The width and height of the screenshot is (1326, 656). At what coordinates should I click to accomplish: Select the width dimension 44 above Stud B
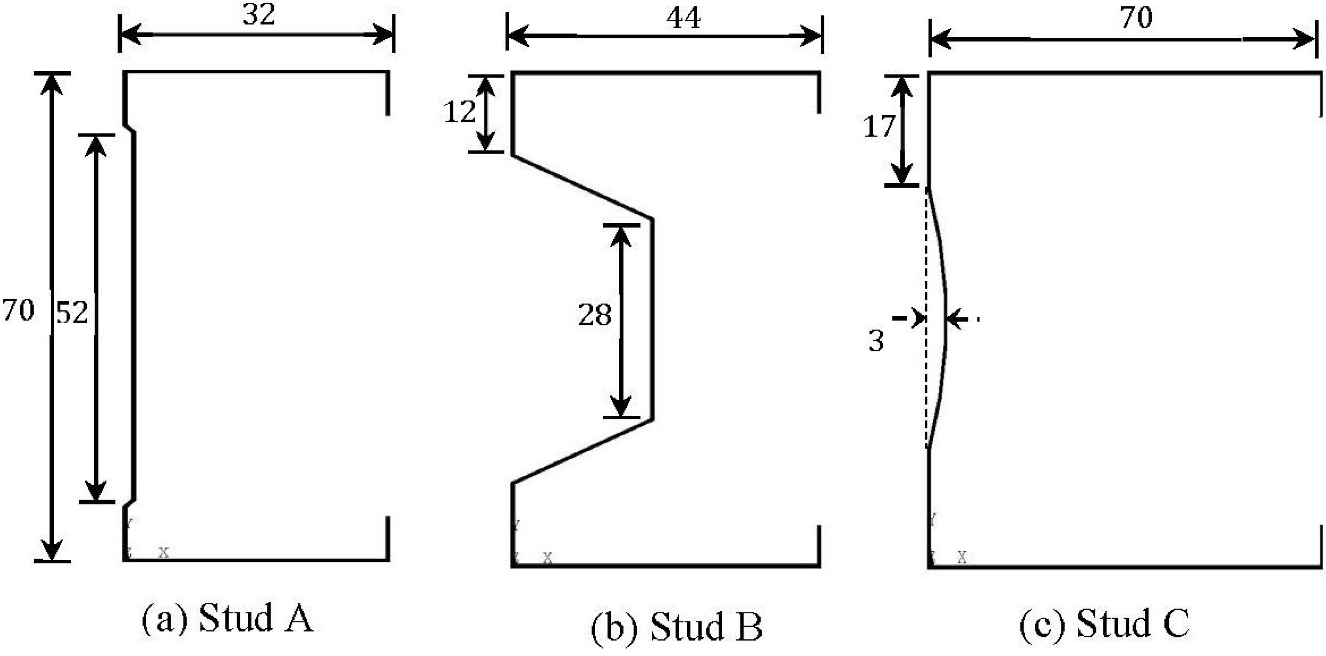click(684, 19)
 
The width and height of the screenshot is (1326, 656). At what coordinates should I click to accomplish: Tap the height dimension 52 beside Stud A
click(72, 313)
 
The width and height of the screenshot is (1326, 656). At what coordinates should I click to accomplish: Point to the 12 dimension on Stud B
click(459, 112)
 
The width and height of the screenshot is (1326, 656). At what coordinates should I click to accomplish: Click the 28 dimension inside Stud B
click(595, 315)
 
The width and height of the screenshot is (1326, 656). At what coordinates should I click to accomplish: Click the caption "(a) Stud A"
click(227, 618)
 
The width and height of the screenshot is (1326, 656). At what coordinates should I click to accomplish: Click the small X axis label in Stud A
click(164, 553)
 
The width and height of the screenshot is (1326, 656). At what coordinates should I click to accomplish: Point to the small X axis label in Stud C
click(962, 557)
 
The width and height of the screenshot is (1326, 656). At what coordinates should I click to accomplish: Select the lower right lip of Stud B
click(818, 546)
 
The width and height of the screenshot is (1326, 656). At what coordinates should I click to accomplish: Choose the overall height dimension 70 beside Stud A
click(19, 311)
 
